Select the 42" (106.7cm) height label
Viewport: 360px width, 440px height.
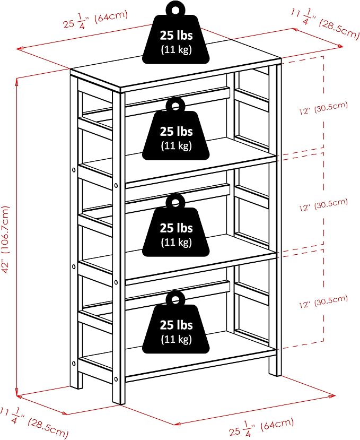click(x=5, y=239)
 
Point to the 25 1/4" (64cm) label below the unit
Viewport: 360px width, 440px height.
click(x=261, y=427)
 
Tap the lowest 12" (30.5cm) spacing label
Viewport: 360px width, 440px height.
click(x=323, y=301)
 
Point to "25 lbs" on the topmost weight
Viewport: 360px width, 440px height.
click(x=177, y=36)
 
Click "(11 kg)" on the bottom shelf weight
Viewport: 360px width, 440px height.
click(x=177, y=339)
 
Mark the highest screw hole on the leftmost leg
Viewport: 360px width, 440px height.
click(x=74, y=170)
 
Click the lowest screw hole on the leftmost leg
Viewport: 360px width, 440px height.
click(x=74, y=364)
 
